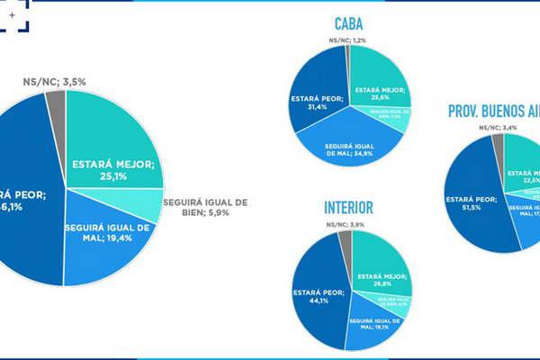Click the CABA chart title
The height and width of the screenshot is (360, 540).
348,23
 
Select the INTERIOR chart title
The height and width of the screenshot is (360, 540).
348,208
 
